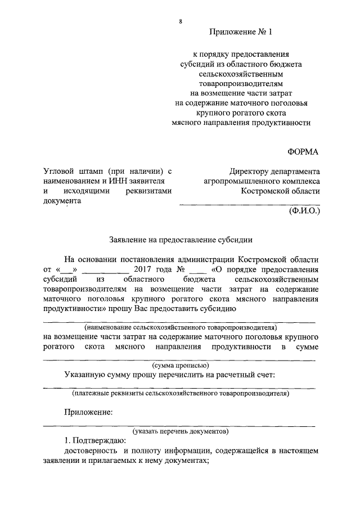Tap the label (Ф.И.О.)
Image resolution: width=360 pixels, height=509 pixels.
click(x=304, y=213)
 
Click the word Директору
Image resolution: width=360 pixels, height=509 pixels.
click(x=251, y=172)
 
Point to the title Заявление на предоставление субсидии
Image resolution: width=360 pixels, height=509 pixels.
click(x=181, y=239)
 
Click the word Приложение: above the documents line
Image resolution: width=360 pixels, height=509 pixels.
click(x=88, y=412)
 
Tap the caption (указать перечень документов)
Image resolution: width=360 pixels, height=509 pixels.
click(x=181, y=431)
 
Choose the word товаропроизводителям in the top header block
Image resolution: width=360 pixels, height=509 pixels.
click(x=240, y=83)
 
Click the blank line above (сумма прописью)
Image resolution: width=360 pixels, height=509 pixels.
click(x=181, y=360)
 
